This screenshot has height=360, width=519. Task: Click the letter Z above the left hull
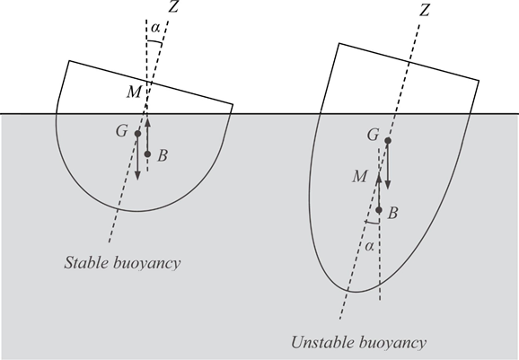[x=173, y=6]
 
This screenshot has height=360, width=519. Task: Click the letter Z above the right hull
[x=425, y=9]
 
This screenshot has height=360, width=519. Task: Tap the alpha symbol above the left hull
[x=155, y=28]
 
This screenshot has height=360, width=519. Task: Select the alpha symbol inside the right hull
[x=369, y=247]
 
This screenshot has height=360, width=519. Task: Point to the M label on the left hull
[x=135, y=92]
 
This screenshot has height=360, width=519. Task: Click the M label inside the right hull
[x=359, y=176]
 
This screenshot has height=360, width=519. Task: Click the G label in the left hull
[x=122, y=131]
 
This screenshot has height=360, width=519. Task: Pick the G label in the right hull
[x=373, y=135]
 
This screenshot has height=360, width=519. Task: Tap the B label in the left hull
[x=163, y=155]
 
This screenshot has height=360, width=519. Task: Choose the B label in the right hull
[x=392, y=214]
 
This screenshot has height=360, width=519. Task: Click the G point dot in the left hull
[x=137, y=134]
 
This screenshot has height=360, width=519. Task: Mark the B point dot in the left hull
[x=147, y=154]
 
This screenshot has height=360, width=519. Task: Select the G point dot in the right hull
[x=388, y=141]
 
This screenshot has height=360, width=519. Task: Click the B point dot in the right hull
[x=379, y=210]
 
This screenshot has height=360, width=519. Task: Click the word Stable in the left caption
[x=86, y=263]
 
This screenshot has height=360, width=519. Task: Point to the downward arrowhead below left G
[x=137, y=175]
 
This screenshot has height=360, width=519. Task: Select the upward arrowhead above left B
[x=147, y=123]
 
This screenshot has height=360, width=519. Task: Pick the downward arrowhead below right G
[x=388, y=184]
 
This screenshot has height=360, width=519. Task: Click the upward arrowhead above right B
[x=379, y=178]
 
